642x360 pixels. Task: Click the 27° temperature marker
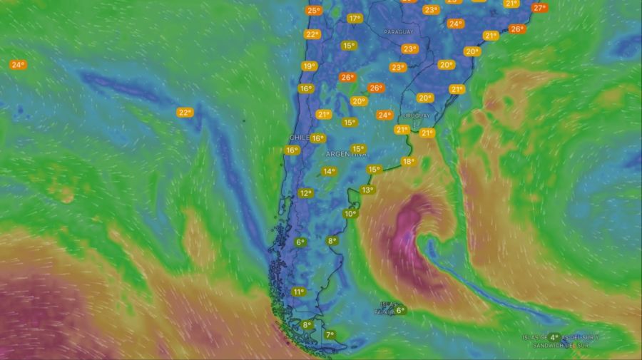(539, 8)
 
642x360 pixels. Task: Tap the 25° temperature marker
(313, 10)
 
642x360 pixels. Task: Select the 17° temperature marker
(355, 19)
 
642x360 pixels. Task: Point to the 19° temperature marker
(309, 66)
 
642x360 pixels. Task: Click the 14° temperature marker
(329, 171)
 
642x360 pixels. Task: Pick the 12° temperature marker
(305, 193)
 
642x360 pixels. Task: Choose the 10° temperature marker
(350, 213)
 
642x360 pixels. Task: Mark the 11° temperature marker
(298, 292)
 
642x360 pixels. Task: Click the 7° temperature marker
(330, 334)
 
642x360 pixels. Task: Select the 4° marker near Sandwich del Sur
(554, 337)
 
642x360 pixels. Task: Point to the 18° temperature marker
(408, 162)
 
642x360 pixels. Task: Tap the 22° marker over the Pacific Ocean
(185, 112)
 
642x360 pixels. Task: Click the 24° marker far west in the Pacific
(18, 65)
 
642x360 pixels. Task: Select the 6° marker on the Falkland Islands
(400, 310)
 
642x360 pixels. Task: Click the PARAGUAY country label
(398, 32)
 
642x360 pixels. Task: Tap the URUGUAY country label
(417, 115)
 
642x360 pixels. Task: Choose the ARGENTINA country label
(346, 154)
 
